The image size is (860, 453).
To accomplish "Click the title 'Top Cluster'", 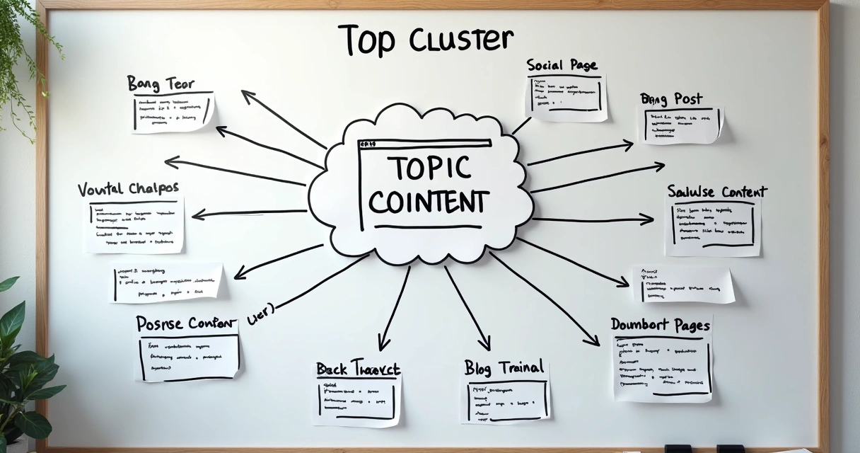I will click(425, 39).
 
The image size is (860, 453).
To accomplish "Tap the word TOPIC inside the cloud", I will click(419, 168).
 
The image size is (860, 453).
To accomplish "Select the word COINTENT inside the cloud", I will click(428, 201).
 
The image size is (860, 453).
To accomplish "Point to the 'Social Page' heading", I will click(562, 65).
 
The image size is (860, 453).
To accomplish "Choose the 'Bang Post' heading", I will click(671, 98).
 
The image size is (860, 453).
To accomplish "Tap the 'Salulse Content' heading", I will click(716, 192).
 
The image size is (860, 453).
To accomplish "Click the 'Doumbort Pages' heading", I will click(660, 325).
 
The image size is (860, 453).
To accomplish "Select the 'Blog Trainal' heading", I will click(504, 367).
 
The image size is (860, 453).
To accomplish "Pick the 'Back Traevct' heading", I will click(358, 369).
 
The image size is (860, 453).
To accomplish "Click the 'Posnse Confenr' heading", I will click(186, 323).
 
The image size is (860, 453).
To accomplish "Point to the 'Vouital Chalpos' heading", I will click(128, 189).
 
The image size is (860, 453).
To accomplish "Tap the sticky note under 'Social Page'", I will click(566, 96).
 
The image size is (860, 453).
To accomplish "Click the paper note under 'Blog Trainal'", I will click(505, 401).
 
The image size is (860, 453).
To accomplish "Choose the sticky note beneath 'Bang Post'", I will click(682, 125).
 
